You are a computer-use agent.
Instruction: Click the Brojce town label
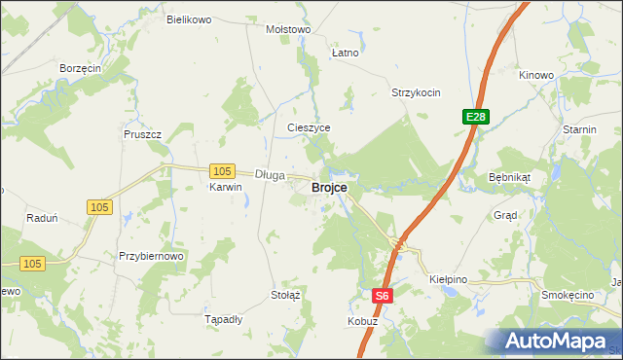pyautogui.click(x=329, y=188)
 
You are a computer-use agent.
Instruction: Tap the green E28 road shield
pyautogui.click(x=475, y=117)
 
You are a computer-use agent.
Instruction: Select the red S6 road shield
pyautogui.click(x=384, y=296)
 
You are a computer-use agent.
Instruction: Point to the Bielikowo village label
pyautogui.click(x=189, y=19)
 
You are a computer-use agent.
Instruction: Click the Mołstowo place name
pyautogui.click(x=288, y=29)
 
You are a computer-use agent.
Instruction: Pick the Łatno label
pyautogui.click(x=345, y=53)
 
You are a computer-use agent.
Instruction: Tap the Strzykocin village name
pyautogui.click(x=416, y=93)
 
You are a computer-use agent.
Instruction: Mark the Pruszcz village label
pyautogui.click(x=141, y=134)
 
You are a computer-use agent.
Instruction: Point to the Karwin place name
pyautogui.click(x=225, y=188)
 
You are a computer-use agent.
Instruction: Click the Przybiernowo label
pyautogui.click(x=151, y=256)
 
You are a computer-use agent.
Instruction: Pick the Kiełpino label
pyautogui.click(x=449, y=279)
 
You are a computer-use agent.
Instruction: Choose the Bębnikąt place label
pyautogui.click(x=509, y=179)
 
